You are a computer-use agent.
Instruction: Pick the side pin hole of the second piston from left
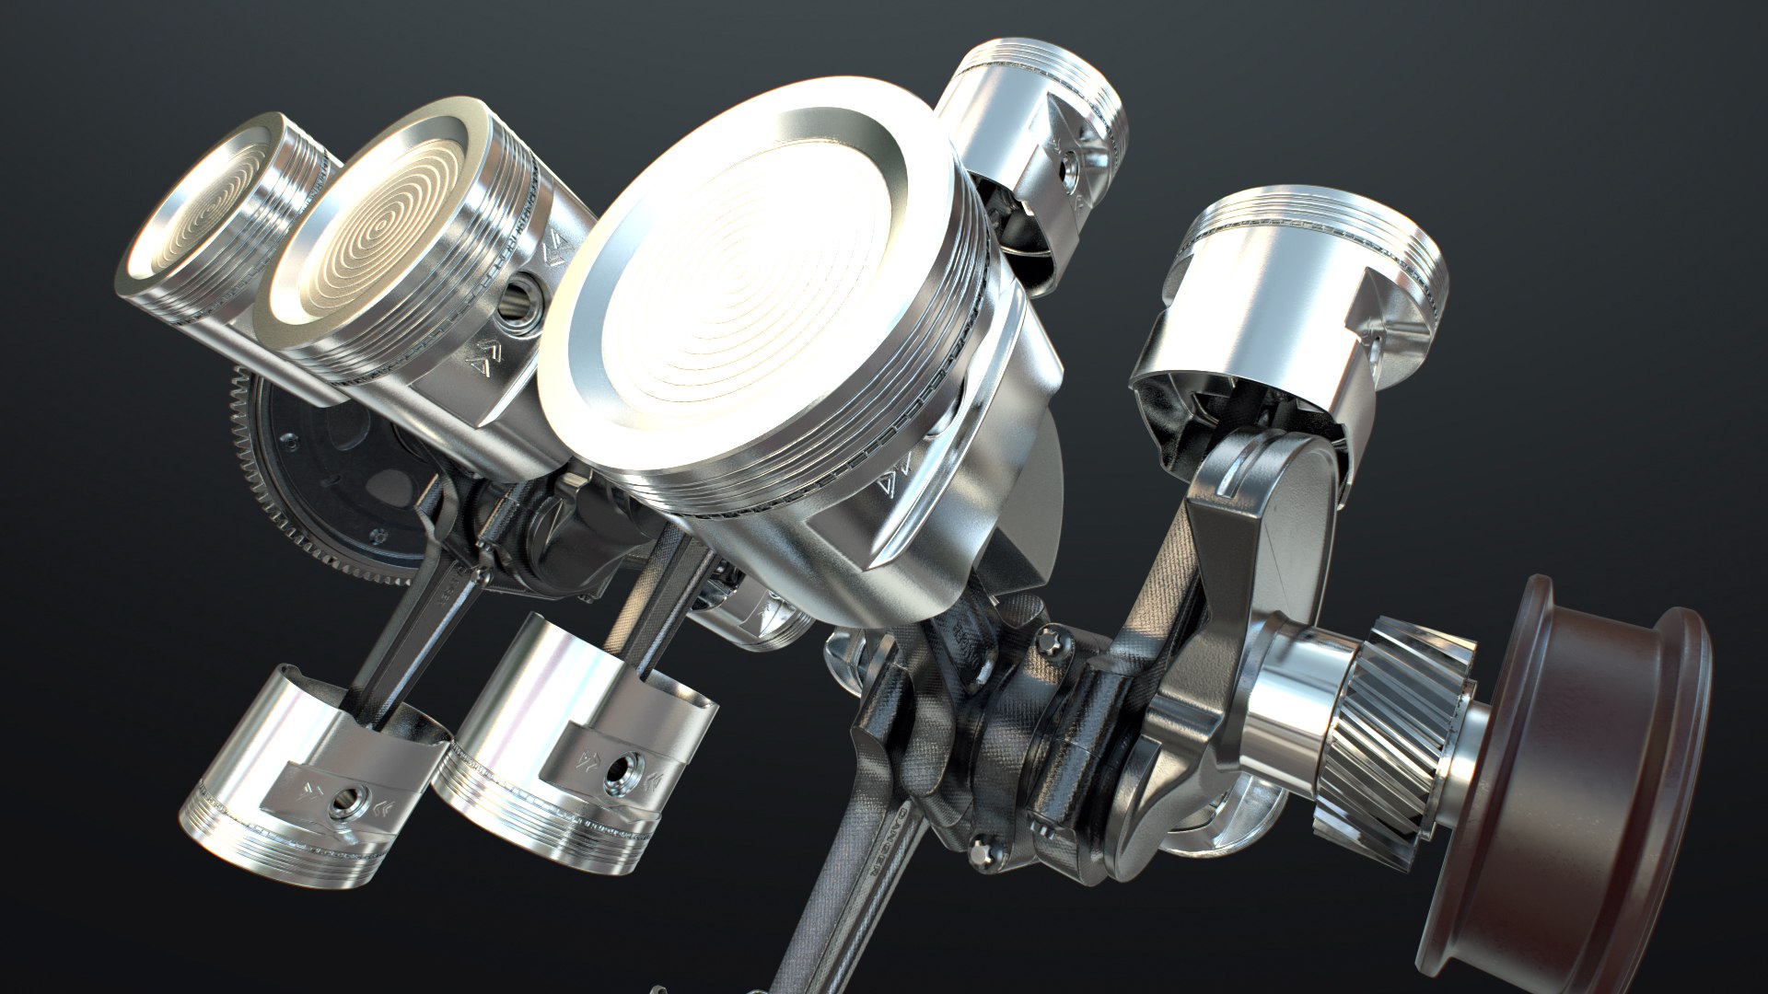[521, 304]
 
